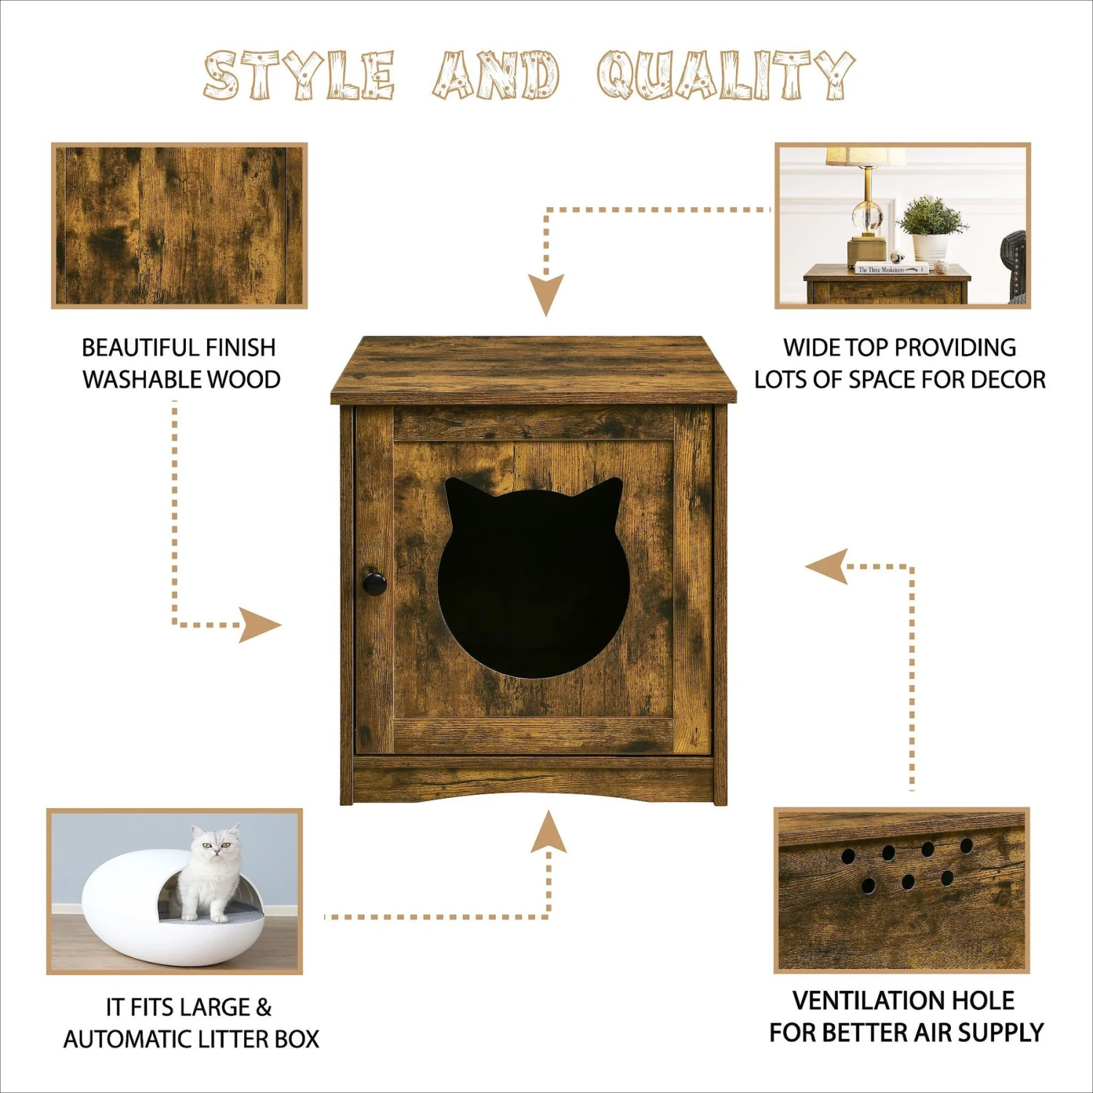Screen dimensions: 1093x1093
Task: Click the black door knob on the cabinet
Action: (375, 583)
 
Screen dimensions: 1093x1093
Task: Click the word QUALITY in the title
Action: (725, 75)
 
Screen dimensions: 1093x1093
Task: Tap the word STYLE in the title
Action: (299, 75)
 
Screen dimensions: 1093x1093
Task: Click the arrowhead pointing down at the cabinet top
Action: (546, 293)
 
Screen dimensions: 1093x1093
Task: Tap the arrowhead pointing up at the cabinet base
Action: (548, 833)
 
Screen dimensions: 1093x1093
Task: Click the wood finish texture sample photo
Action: (179, 225)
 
